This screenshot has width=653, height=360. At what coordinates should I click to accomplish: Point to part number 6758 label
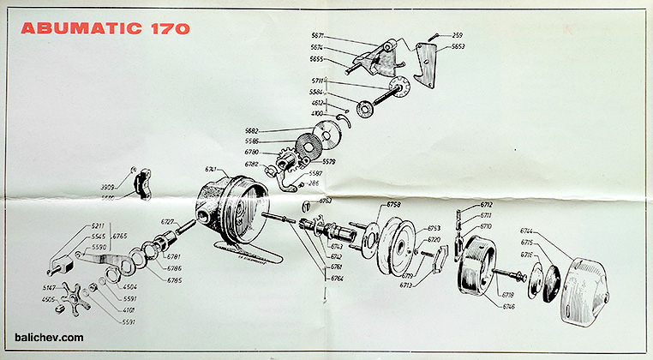click(394, 205)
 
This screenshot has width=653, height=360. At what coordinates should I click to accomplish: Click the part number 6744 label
click(528, 231)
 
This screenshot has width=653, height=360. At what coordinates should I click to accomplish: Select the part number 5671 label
click(318, 36)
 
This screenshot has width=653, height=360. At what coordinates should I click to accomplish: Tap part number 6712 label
click(486, 205)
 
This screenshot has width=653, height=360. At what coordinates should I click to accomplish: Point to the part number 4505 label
click(49, 299)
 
